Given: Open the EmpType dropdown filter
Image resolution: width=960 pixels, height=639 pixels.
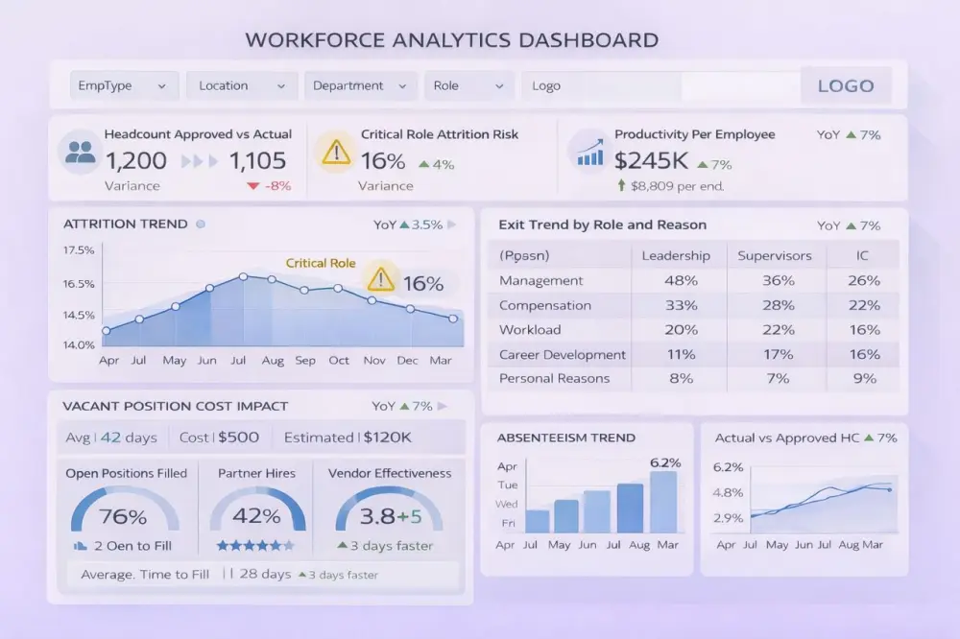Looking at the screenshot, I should tap(124, 85).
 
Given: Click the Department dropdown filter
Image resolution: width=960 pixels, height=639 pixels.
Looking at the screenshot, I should tap(360, 85).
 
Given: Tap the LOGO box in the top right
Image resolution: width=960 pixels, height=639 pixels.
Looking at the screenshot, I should tap(845, 85).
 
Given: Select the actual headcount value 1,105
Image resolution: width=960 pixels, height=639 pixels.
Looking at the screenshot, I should tap(257, 161).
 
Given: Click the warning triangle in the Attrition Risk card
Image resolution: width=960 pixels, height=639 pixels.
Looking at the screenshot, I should tap(336, 152).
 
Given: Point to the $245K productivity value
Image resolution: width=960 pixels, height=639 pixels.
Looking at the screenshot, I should tap(651, 161).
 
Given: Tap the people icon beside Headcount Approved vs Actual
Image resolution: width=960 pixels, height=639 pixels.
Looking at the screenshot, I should tap(82, 153).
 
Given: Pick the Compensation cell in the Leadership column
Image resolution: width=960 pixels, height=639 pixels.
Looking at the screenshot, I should tap(681, 305).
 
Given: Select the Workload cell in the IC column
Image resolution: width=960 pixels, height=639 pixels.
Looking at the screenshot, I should tap(864, 329).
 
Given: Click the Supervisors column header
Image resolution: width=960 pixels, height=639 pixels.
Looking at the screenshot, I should tap(774, 255).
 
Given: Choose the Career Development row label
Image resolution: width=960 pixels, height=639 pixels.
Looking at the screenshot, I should tap(562, 354).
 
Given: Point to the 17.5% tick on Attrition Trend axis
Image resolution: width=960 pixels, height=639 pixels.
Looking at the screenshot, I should tap(79, 250).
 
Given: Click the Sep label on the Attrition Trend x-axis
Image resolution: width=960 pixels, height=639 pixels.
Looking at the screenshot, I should tap(305, 361).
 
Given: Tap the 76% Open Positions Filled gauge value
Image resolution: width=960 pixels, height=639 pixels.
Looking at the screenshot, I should tap(123, 516).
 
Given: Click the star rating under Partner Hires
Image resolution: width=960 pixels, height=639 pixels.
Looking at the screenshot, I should tap(255, 545).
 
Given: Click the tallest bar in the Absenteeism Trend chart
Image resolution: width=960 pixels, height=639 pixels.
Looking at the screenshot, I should tap(662, 501).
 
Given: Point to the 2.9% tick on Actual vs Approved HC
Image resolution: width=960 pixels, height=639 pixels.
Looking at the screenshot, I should tap(728, 517).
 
